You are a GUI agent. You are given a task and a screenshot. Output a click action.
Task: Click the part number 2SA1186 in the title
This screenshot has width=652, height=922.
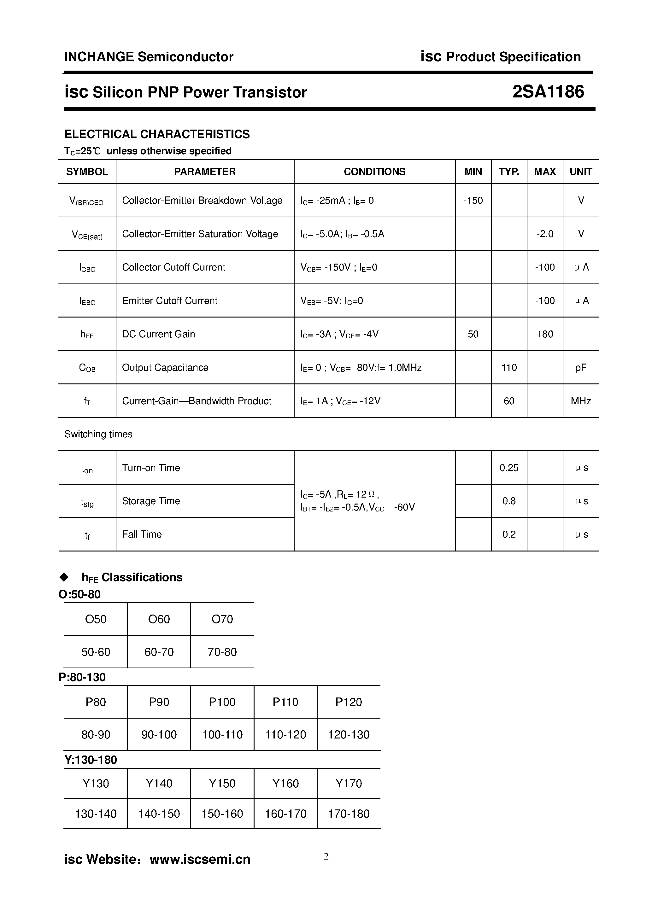coord(548,92)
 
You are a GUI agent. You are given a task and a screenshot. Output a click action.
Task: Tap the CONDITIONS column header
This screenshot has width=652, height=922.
coord(374,172)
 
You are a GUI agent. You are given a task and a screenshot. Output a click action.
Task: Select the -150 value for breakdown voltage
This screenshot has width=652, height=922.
coord(473,200)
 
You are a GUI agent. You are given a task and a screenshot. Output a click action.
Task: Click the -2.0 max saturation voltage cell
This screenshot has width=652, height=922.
coord(545,234)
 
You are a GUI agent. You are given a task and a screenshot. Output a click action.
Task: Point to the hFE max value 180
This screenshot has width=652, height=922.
coord(545,334)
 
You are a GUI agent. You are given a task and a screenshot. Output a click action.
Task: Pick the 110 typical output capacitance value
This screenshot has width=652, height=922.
coord(509,367)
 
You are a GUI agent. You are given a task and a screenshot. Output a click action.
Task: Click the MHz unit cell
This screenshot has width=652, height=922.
coord(580,401)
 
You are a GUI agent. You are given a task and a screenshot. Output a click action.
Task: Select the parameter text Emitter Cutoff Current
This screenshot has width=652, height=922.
coord(169,301)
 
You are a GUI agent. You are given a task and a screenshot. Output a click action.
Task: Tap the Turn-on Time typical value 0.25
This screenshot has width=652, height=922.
coord(509,468)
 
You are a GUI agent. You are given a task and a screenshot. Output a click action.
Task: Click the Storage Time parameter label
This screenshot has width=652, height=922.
coord(151,501)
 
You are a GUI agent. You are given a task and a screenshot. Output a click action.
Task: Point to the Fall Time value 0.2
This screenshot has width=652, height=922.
coord(509,534)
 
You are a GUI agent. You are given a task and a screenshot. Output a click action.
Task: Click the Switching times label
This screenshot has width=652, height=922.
coord(98,434)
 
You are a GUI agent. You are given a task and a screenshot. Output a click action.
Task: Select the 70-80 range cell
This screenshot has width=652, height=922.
coord(222,652)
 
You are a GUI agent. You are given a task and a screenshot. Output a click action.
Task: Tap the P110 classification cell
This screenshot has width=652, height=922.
coord(286,702)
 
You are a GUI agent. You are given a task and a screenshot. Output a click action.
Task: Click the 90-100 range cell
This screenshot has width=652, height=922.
coord(159,734)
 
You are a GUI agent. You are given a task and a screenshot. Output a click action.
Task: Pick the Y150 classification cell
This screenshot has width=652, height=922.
coord(222,783)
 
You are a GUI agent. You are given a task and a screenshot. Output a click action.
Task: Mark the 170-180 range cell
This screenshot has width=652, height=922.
coord(349,814)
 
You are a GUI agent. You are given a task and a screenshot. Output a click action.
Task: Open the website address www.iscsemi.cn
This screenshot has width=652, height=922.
coord(200,859)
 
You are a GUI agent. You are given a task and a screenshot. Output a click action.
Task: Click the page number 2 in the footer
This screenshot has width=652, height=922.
coord(326,856)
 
